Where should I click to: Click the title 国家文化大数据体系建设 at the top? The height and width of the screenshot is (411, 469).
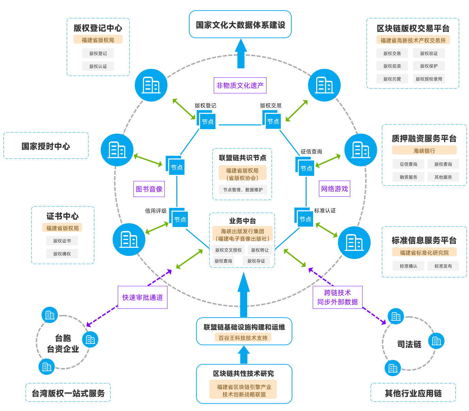pyautogui.click(x=240, y=25)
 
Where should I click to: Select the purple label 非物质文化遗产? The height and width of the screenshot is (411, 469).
pyautogui.click(x=240, y=86)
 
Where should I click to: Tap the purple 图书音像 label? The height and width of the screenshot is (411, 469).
pyautogui.click(x=149, y=189)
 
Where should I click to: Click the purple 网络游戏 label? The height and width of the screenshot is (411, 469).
pyautogui.click(x=335, y=189)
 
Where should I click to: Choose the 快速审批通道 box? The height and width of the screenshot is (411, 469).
pyautogui.click(x=143, y=298)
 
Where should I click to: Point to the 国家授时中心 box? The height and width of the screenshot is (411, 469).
pyautogui.click(x=46, y=146)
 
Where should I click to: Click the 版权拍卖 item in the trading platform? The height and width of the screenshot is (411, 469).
pyautogui.click(x=392, y=66)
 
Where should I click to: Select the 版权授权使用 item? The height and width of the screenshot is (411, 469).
pyautogui.click(x=429, y=79)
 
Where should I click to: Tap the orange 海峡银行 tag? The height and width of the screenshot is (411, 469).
pyautogui.click(x=424, y=151)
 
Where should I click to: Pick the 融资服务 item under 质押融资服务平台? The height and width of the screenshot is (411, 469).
pyautogui.click(x=408, y=177)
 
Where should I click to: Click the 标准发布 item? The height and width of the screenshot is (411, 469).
pyautogui.click(x=443, y=266)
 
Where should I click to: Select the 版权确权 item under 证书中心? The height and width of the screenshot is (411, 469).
pyautogui.click(x=62, y=254)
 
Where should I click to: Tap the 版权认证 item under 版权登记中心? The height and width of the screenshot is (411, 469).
pyautogui.click(x=98, y=66)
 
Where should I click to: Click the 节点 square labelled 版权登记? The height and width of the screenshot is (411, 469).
pyautogui.click(x=207, y=122)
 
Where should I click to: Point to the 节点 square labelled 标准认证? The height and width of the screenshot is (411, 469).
pyautogui.click(x=305, y=219)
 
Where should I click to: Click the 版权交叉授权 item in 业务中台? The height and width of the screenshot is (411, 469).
pyautogui.click(x=228, y=250)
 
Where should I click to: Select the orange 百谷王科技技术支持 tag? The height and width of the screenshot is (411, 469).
pyautogui.click(x=243, y=338)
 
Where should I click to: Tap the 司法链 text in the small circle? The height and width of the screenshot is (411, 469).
pyautogui.click(x=409, y=344)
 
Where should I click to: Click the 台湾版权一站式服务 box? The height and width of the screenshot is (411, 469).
pyautogui.click(x=68, y=393)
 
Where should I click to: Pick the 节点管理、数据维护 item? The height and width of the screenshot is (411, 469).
pyautogui.click(x=243, y=190)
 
